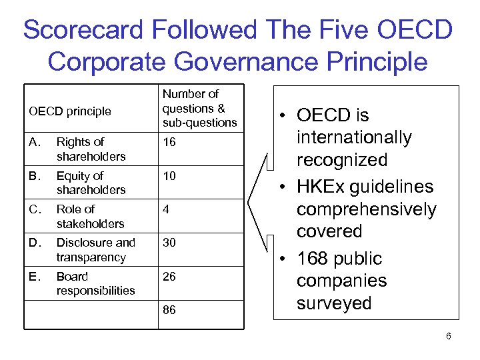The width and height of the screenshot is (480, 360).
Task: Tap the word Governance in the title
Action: (251, 61)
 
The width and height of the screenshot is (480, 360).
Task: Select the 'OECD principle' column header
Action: (70, 111)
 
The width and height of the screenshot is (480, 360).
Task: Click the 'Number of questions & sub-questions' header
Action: (199, 108)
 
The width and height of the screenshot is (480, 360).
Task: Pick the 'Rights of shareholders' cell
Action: (91, 149)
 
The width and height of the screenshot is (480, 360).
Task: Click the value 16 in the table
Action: (169, 142)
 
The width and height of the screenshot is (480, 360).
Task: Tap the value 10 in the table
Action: (169, 176)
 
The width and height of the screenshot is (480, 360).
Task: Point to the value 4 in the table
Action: (166, 209)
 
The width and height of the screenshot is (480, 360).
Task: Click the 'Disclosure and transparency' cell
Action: (95, 249)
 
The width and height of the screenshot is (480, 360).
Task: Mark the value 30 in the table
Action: (169, 243)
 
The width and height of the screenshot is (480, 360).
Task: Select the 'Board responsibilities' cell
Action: (95, 283)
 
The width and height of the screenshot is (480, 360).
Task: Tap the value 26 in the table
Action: (169, 276)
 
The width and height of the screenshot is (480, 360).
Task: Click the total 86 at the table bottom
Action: (169, 311)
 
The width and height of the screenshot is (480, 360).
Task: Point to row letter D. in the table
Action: (34, 243)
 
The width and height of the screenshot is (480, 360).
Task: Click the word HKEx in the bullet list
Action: (326, 187)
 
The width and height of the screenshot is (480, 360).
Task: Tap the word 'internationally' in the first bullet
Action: (354, 138)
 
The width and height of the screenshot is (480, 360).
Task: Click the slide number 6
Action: (449, 336)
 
